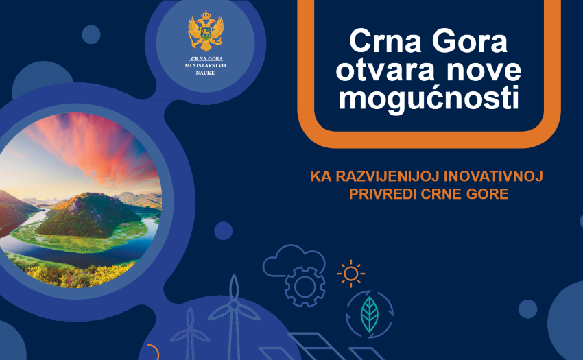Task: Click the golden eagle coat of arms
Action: pos(206,31)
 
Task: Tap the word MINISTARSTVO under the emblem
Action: pos(205,66)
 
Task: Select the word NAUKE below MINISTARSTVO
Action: pos(205,73)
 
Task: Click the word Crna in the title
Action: pos(385,41)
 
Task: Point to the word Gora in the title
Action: pos(470,41)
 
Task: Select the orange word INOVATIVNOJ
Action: pos(493,176)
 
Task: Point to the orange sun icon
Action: pos(350,274)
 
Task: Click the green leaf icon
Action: pos(369,314)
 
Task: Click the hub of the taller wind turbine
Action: pos(234,305)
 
